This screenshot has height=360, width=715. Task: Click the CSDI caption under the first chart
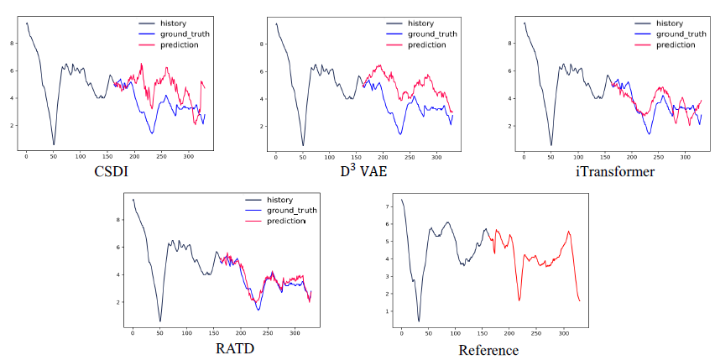(111, 171)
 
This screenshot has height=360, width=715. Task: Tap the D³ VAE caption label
(360, 171)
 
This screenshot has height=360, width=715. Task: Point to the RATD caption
(234, 349)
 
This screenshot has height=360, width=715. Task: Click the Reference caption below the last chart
(488, 350)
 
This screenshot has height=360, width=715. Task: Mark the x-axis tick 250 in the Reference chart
(535, 334)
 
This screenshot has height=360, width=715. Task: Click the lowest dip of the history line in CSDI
(54, 144)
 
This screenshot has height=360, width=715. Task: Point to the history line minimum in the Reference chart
(419, 321)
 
